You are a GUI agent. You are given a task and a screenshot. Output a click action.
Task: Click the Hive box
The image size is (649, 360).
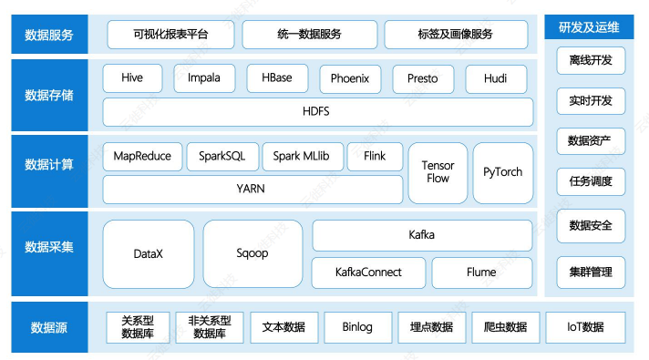pos(132,78)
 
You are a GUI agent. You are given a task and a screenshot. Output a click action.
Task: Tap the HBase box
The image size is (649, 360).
pos(276,78)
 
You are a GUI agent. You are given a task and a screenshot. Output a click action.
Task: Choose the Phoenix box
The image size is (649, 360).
pos(350,79)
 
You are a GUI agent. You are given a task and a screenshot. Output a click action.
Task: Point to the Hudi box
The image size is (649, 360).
pos(496,79)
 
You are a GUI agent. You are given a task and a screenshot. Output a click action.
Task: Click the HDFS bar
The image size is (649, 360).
pos(316,111)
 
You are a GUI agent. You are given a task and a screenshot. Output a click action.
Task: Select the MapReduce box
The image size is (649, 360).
pos(142,157)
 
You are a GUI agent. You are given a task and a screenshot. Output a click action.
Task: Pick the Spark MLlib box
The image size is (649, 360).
pos(302,157)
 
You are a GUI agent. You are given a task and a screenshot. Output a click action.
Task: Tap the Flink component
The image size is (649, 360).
pos(375,157)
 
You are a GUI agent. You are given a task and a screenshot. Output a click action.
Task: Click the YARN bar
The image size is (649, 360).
pos(252,190)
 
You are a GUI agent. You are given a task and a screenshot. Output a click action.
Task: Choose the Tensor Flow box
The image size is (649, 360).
pos(438,172)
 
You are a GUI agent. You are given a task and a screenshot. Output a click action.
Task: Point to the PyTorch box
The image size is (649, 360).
pos(503,172)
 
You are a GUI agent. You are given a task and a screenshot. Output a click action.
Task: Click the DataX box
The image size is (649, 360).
pos(148,253)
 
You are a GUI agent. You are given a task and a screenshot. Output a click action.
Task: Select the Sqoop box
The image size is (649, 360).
pos(252,253)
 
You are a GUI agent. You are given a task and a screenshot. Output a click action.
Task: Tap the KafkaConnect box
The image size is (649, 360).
pos(368,273)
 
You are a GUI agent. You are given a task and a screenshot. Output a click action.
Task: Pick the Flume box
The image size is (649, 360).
pos(481,273)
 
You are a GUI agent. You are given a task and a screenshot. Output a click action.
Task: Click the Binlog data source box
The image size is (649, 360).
pos(357,327)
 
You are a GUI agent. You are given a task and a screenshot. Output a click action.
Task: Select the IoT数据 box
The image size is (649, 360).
pos(585,327)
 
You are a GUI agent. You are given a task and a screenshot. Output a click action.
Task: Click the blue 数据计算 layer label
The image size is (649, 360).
pos(50,165)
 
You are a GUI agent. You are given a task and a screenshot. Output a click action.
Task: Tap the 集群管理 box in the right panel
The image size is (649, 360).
pos(591,272)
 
